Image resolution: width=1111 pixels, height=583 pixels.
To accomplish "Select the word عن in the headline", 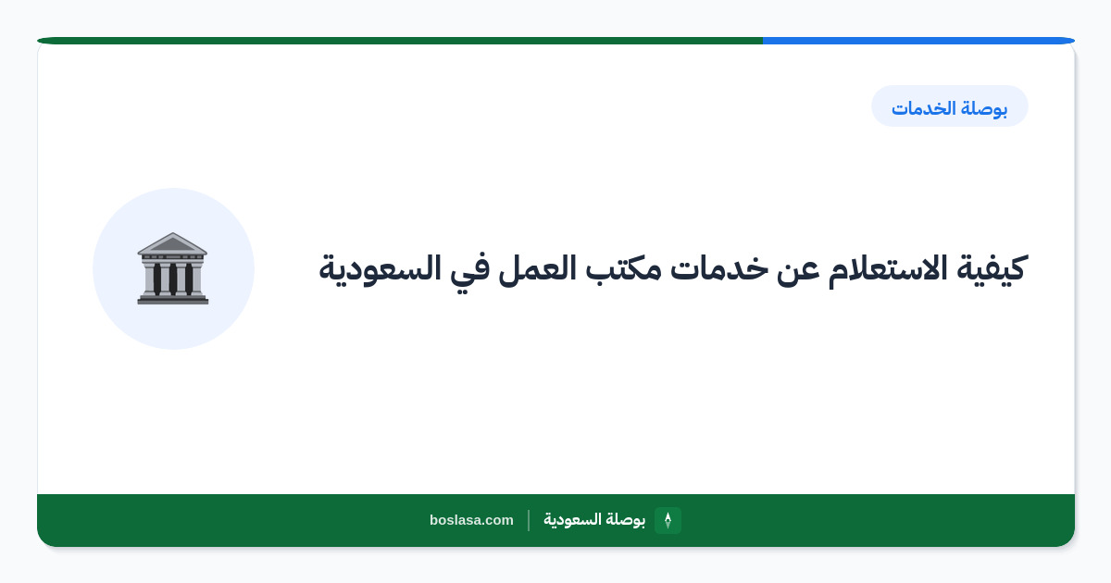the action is [x=796, y=270].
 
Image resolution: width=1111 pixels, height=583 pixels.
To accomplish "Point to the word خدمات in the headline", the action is [x=714, y=267].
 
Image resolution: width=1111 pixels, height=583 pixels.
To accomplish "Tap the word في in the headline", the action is [x=469, y=271].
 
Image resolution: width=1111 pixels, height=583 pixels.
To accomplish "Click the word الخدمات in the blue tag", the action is [x=923, y=107].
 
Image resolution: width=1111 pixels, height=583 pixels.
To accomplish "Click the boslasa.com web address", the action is [x=471, y=520].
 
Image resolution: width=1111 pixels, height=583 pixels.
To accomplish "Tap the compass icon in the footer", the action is [x=668, y=520].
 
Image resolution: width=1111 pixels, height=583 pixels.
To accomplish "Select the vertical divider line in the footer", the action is [x=529, y=520].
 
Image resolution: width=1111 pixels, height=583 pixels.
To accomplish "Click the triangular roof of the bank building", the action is [x=172, y=243].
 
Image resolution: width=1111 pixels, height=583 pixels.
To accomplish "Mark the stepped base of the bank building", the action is [x=172, y=299].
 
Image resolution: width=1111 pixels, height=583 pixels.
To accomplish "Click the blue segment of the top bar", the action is [x=918, y=41].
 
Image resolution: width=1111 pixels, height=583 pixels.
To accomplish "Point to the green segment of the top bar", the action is [x=400, y=41].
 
